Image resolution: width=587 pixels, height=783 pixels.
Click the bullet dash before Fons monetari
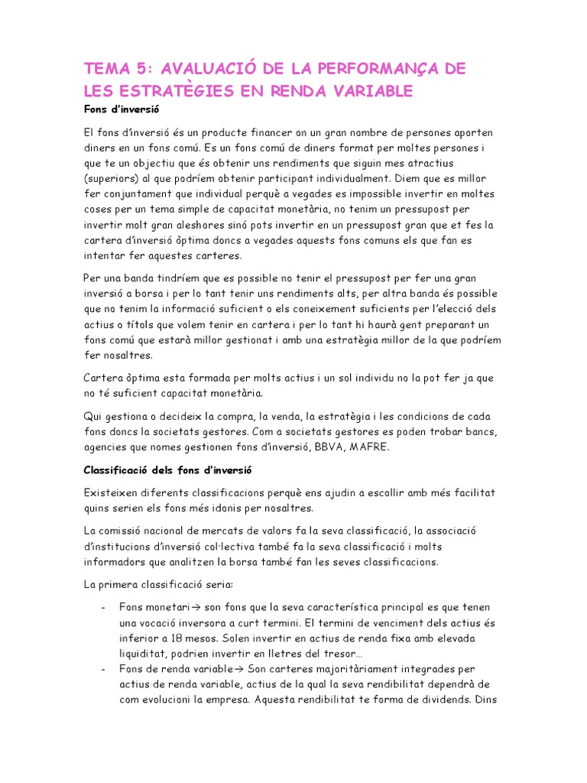(x=102, y=606)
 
